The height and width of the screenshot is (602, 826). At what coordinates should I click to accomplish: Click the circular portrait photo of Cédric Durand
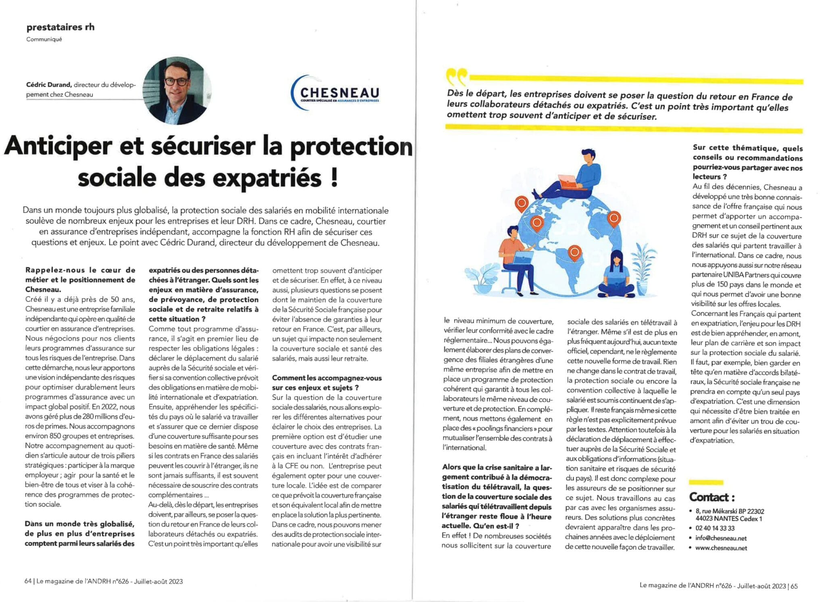(x=177, y=90)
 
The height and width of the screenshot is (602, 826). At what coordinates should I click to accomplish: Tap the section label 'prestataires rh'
(x=60, y=27)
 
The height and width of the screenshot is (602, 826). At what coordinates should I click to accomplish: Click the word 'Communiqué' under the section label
(x=44, y=39)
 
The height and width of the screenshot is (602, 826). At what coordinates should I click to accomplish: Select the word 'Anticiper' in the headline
(x=58, y=146)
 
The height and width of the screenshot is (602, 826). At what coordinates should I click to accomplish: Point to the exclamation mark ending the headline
(x=334, y=178)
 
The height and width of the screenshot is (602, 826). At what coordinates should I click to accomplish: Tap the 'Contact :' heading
(x=711, y=497)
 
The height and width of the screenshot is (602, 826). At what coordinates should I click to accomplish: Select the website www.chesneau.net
(x=721, y=548)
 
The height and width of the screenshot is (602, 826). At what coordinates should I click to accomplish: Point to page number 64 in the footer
(x=28, y=581)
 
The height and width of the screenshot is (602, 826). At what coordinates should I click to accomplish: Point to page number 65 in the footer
(x=794, y=586)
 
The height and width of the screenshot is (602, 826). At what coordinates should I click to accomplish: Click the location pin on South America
(x=574, y=253)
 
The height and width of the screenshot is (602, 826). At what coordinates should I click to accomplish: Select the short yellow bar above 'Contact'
(x=706, y=482)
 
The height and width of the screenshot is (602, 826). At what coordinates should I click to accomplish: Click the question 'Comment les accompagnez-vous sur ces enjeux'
(x=327, y=383)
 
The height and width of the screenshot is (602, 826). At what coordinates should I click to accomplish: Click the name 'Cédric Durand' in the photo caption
(x=49, y=85)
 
